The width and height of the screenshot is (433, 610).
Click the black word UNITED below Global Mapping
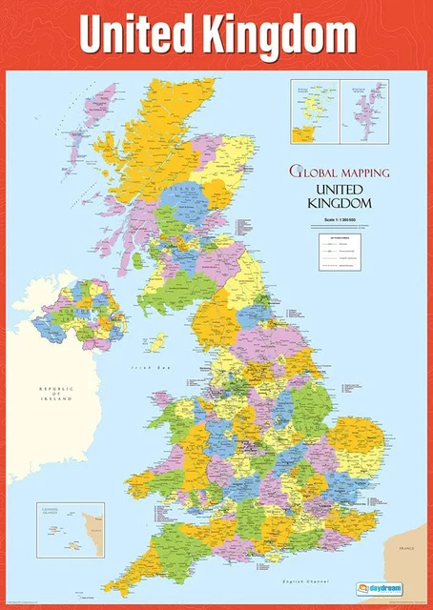point(339,189)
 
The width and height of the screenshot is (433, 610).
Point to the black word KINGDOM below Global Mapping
point(339,203)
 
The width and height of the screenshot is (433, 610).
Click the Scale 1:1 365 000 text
point(339,220)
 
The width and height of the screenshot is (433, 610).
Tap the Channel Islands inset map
point(70,530)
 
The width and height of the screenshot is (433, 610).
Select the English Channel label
point(305,580)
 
